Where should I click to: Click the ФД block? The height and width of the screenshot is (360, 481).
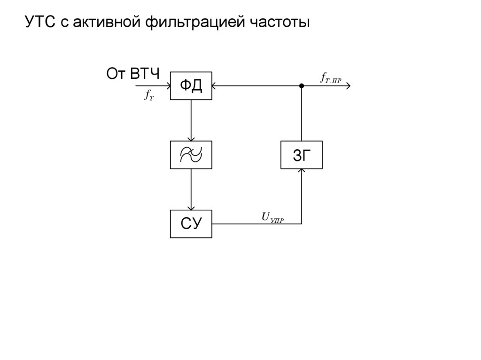(x=191, y=85)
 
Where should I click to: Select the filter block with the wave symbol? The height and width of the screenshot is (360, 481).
(x=191, y=154)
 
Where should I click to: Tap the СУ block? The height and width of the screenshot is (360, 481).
(x=191, y=224)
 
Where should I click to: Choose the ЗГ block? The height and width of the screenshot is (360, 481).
(x=302, y=155)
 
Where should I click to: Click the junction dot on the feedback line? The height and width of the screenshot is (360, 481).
(x=302, y=86)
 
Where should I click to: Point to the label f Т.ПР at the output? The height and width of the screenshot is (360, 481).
(x=331, y=77)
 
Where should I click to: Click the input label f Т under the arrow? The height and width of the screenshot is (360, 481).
(x=149, y=95)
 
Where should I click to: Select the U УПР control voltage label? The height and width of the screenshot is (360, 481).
(x=272, y=217)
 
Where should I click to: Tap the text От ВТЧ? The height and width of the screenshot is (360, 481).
(x=133, y=74)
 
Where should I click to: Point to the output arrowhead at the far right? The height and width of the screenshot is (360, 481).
(x=348, y=86)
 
